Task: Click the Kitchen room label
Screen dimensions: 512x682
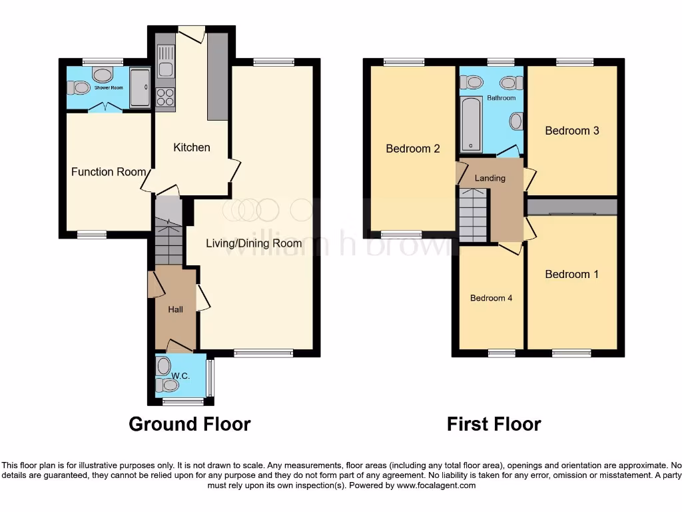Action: (192, 147)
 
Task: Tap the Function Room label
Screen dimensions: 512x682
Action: (109, 172)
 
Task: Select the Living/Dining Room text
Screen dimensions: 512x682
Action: (253, 243)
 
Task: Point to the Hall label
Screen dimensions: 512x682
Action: (175, 309)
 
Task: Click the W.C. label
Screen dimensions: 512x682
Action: (180, 376)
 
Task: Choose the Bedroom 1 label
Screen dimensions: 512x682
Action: (567, 274)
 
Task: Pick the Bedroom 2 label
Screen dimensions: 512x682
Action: (413, 149)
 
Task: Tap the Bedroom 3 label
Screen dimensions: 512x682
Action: (571, 131)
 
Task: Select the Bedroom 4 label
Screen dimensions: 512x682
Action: (491, 298)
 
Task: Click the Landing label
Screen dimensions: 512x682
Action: (491, 178)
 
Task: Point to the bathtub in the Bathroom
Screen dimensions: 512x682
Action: (472, 124)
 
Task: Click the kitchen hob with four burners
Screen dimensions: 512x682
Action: (165, 97)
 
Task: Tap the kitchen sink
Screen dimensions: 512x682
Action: (165, 60)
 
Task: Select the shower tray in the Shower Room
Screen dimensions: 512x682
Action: (141, 87)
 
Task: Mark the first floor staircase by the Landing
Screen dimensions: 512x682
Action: (474, 214)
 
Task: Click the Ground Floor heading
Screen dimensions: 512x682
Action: (189, 424)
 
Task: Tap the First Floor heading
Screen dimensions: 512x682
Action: (494, 424)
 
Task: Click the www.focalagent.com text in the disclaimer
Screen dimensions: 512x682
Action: (436, 485)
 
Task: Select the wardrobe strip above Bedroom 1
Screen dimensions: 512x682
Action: (572, 207)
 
